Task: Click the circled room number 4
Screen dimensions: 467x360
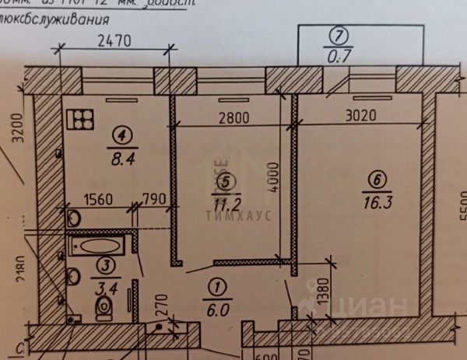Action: [122, 135]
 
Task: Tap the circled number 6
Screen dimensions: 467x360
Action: [377, 181]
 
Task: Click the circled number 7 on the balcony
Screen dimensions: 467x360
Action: [336, 36]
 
